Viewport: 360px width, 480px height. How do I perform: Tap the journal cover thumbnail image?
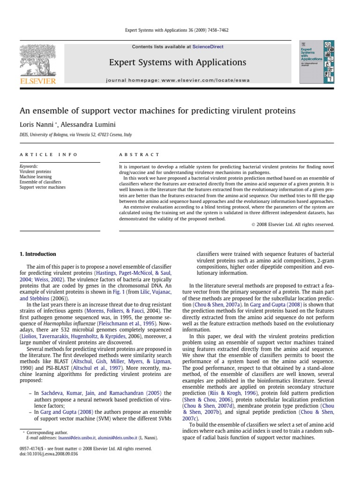click(x=317, y=61)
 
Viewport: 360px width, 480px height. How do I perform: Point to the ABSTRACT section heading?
click(x=139, y=154)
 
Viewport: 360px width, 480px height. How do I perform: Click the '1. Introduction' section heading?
click(x=37, y=254)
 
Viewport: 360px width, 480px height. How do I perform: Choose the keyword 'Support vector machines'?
click(x=43, y=187)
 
